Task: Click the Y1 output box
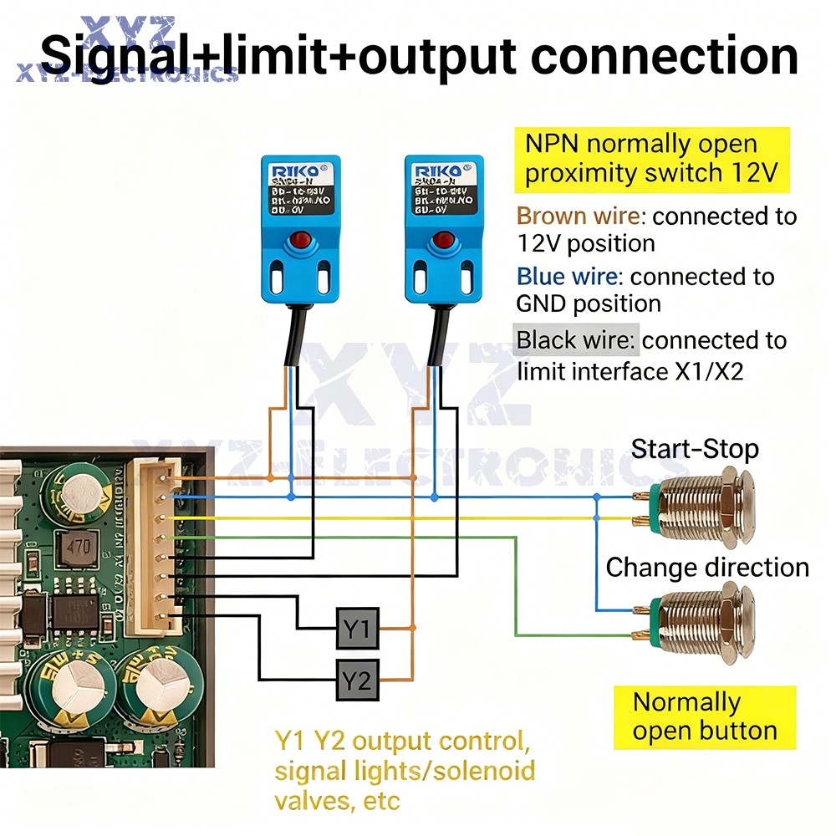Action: coord(358,628)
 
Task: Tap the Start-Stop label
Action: coord(695,449)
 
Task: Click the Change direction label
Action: coord(707,568)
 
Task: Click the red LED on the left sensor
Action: coord(300,244)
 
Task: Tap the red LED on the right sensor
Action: coord(443,242)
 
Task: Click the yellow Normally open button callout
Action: coord(705,716)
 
